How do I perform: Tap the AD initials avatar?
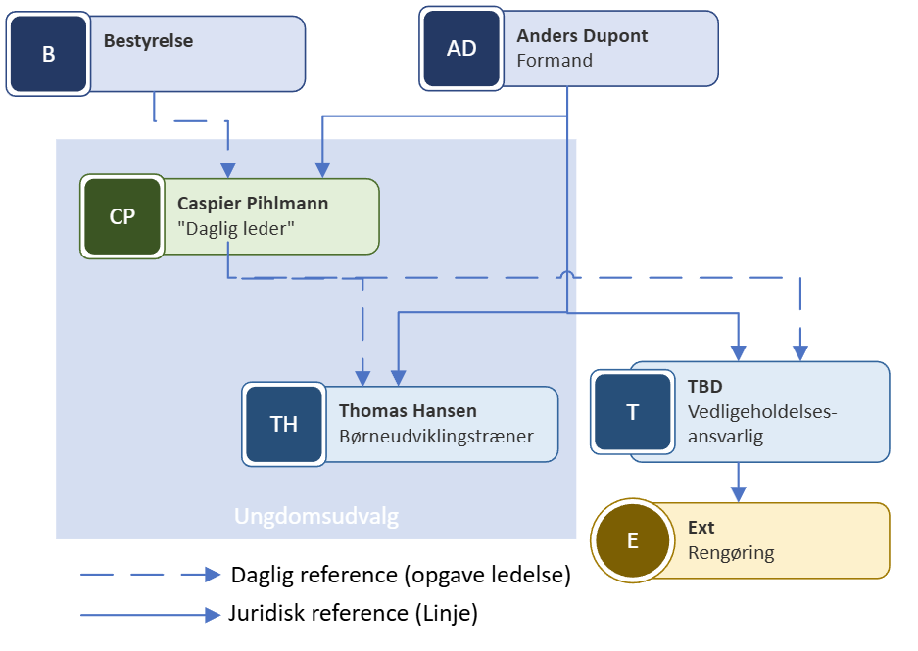(461, 48)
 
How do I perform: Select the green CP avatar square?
(122, 217)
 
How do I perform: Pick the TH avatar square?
(284, 424)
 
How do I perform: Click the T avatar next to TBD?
(632, 412)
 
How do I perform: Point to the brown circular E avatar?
(632, 540)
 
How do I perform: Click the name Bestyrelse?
(148, 41)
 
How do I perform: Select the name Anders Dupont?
(582, 36)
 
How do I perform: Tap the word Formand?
(555, 60)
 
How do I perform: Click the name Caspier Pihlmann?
(253, 204)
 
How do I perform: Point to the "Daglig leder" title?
(236, 228)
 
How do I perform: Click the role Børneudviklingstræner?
(436, 436)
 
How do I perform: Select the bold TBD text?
(704, 387)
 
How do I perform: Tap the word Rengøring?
(731, 553)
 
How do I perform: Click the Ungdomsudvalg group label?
(316, 516)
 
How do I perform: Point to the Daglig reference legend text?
(401, 576)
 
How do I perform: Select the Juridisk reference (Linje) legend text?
(353, 615)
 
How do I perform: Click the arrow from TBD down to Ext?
(740, 482)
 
